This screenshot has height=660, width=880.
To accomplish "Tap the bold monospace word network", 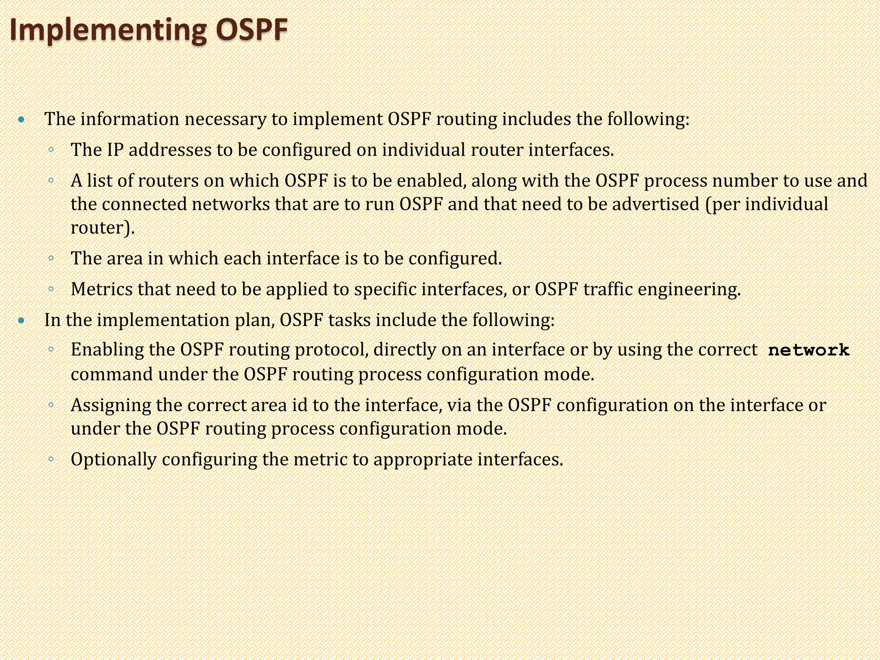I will click(809, 350).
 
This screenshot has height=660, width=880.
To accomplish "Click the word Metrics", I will click(102, 289).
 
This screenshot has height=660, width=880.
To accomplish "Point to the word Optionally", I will click(113, 460).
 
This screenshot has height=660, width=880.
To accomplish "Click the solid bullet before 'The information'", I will click(22, 119).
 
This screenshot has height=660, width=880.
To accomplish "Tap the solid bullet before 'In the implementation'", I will click(22, 320).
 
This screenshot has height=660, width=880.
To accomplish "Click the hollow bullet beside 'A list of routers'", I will click(51, 181).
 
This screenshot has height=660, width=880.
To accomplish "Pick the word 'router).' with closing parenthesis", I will click(103, 228).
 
